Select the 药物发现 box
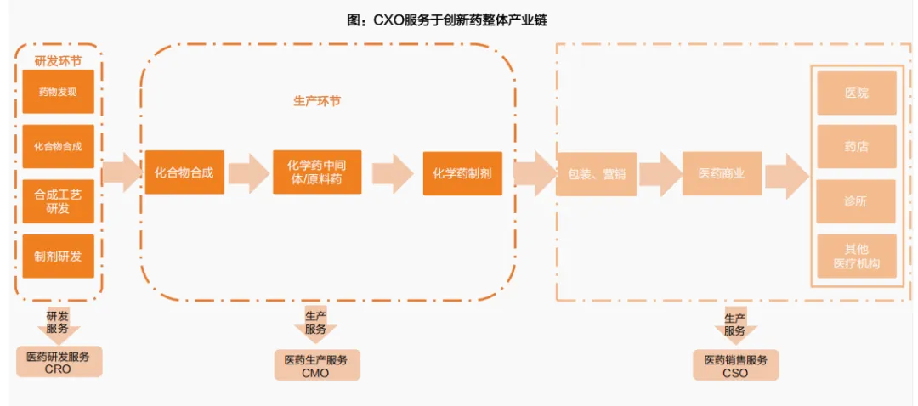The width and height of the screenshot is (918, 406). click(x=59, y=92)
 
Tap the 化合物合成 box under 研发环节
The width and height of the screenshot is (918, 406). click(x=59, y=146)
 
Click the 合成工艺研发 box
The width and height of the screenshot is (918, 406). click(x=59, y=201)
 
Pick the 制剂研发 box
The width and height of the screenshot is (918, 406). click(x=59, y=256)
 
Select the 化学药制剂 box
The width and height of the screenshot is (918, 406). click(x=462, y=172)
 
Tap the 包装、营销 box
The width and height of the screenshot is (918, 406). click(x=597, y=173)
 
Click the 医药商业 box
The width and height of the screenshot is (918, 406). click(x=722, y=173)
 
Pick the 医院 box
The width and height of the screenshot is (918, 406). click(x=856, y=93)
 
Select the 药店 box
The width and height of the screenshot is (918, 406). click(x=856, y=147)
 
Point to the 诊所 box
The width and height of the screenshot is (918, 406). click(x=856, y=201)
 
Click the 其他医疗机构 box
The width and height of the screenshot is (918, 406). click(x=856, y=256)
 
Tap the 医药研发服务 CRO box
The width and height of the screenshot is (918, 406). click(x=59, y=362)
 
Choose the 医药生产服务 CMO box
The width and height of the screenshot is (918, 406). click(x=316, y=365)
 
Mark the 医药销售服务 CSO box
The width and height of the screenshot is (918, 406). click(x=735, y=365)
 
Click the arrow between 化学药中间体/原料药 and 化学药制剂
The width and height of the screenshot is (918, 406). click(x=393, y=172)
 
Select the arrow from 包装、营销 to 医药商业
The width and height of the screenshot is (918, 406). click(x=660, y=173)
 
